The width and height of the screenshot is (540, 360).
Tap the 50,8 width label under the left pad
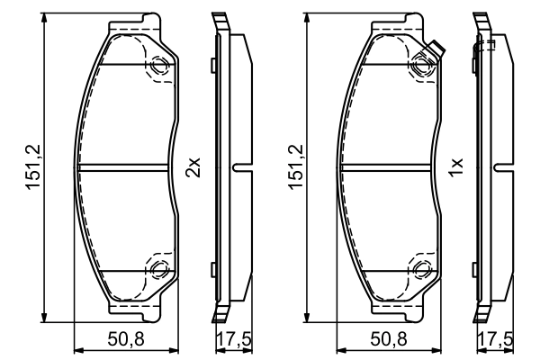126,339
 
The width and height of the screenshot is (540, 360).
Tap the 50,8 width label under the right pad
389,339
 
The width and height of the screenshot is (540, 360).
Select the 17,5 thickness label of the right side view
496,339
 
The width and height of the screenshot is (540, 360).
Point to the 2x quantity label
193,167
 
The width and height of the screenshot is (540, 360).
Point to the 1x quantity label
455,167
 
